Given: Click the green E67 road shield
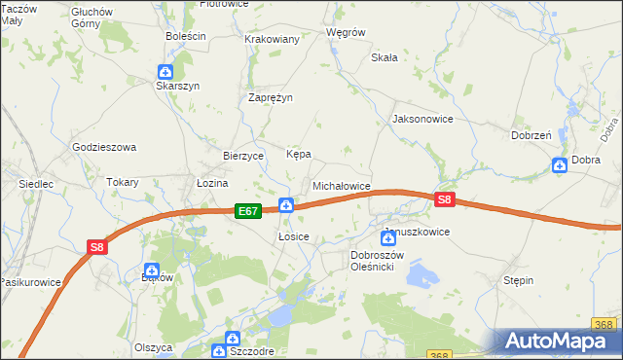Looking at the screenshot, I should pos(248,211).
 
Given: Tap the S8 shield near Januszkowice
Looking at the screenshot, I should pos(445,200).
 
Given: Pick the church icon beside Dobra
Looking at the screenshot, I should pos(560,165).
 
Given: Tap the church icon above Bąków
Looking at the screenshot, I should pos(152,270).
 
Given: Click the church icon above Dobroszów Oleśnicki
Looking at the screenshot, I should pos(386,237).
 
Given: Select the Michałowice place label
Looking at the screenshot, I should pos(341,185).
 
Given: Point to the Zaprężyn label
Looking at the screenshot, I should pos(271,97).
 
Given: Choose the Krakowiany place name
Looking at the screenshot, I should pos(272,39).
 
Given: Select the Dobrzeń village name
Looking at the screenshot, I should pos(531,135).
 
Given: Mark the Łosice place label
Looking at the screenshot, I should pos(293,236).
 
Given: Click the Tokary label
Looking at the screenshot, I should pos(123,182).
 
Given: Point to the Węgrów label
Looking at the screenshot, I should pos(346,32).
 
